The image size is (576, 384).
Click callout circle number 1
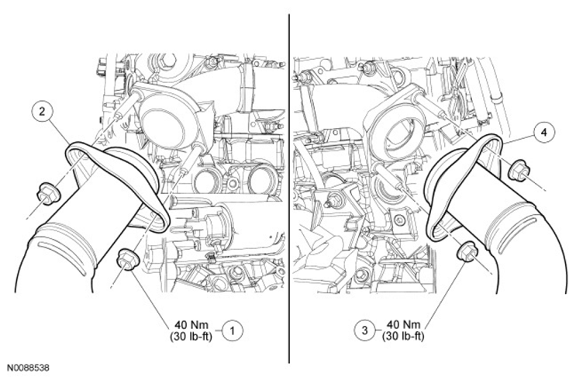[232, 331]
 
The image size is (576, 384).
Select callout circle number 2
[42, 111]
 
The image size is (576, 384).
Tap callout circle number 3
[364, 330]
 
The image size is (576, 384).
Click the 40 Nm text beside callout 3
[403, 325]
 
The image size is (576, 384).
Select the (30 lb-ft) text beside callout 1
[191, 336]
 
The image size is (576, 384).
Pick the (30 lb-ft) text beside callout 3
[403, 336]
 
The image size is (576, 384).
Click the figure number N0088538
[28, 368]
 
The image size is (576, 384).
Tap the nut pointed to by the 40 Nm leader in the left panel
[126, 260]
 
